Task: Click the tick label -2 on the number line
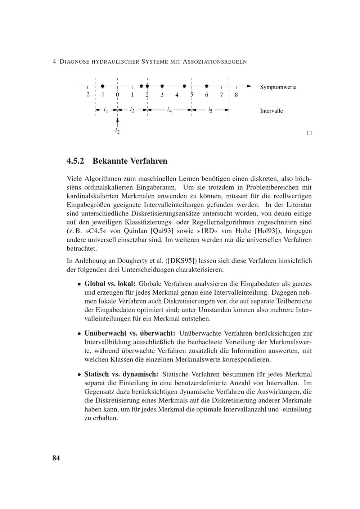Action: point(87,95)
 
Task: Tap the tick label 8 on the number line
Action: point(236,95)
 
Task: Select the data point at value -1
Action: point(103,86)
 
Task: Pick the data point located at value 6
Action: point(207,86)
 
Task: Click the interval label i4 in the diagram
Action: point(169,110)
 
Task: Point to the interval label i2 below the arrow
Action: point(117,131)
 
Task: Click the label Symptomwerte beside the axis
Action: point(278,87)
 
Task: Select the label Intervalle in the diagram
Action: point(271,111)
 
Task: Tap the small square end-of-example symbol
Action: point(309,133)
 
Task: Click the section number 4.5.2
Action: point(75,161)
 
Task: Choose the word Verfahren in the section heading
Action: point(149,161)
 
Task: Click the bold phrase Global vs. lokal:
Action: point(110,284)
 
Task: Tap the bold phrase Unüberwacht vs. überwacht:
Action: point(130,333)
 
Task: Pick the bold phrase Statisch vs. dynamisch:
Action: point(121,374)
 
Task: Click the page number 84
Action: point(56,458)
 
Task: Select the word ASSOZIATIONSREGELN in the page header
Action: point(215,62)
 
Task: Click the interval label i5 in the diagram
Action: point(210,110)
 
